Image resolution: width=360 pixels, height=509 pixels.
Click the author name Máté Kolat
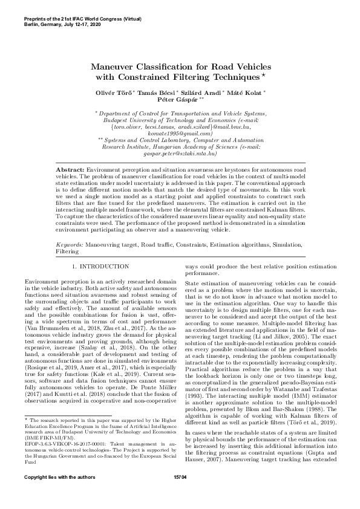pyautogui.click(x=249, y=92)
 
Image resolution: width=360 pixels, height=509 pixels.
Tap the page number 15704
pyautogui.click(x=180, y=495)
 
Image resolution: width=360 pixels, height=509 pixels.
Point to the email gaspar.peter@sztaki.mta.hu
pyautogui.click(x=180, y=154)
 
